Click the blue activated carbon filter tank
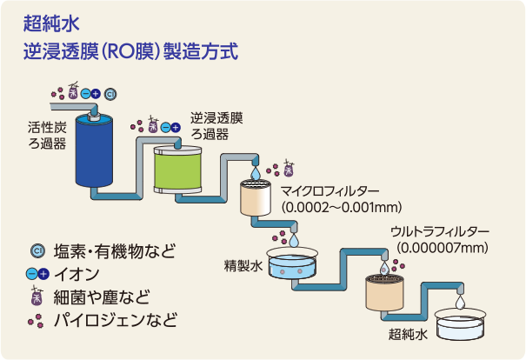pyautogui.click(x=94, y=150)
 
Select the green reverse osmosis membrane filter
pyautogui.click(x=177, y=170)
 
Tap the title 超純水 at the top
pyautogui.click(x=51, y=23)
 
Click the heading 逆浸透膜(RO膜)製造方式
pyautogui.click(x=130, y=51)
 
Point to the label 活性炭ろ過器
pyautogui.click(x=47, y=136)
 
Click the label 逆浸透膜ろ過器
pyautogui.click(x=216, y=126)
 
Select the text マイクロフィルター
pyautogui.click(x=330, y=191)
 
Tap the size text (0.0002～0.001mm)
pyautogui.click(x=342, y=207)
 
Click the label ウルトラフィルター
pyautogui.click(x=440, y=231)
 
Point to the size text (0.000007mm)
pyautogui.click(x=443, y=248)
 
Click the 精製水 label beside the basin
pyautogui.click(x=243, y=266)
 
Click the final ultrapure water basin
pyautogui.click(x=460, y=324)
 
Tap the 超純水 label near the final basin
pyautogui.click(x=408, y=334)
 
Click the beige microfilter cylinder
pyautogui.click(x=256, y=197)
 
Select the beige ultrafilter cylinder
pyautogui.click(x=384, y=292)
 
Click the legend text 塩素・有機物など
pyautogui.click(x=115, y=251)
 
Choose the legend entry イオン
pyautogui.click(x=77, y=274)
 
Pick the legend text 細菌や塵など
pyautogui.click(x=102, y=297)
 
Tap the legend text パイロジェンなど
pyautogui.click(x=116, y=320)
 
